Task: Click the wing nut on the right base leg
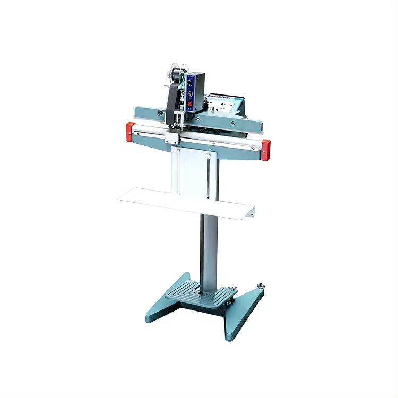(x=260, y=287)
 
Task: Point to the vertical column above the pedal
(x=209, y=244)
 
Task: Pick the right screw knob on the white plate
(x=208, y=156)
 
